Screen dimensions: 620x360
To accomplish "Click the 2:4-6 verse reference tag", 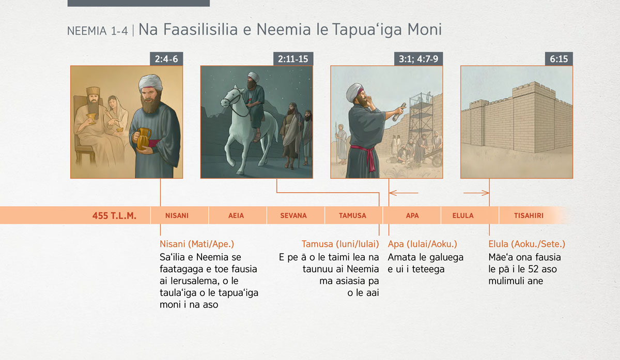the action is [166, 59].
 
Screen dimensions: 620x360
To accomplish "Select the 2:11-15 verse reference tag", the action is [293, 59].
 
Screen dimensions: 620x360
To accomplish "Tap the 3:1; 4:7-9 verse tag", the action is [419, 59].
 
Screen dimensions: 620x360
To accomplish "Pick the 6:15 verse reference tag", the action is [559, 59].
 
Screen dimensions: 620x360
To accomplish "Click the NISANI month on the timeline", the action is [177, 215].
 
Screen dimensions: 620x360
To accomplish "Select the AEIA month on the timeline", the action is [236, 215].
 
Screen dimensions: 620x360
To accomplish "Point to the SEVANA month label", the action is [293, 215].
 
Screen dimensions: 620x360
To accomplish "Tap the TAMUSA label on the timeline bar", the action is [352, 215].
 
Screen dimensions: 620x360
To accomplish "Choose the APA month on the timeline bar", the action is [412, 215].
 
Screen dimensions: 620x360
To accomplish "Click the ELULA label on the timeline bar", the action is [463, 215].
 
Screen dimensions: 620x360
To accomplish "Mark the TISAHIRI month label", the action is [529, 215].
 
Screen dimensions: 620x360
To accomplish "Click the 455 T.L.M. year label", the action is [114, 215].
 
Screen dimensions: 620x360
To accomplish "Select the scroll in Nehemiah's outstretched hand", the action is [398, 112].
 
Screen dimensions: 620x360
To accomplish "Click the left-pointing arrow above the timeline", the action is [404, 193].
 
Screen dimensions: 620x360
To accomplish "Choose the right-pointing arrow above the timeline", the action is [476, 193].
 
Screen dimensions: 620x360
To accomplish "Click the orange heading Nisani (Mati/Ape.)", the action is [197, 244].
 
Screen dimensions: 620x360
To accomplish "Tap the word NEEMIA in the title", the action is [87, 31].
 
